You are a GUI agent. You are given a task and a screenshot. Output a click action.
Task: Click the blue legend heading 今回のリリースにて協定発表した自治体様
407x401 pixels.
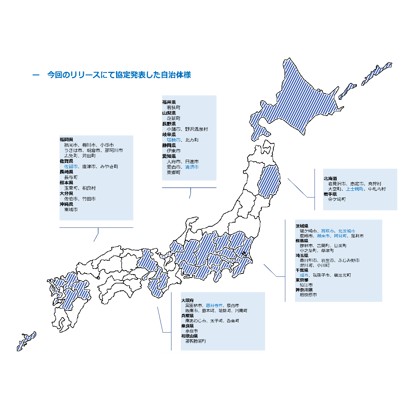[x=119, y=75]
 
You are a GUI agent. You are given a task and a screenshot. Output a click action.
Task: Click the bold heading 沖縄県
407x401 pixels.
[x=66, y=204]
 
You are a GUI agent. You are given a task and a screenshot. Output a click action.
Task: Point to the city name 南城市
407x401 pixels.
[x=71, y=210]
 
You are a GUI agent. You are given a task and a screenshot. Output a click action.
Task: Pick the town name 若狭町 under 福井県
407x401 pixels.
[x=174, y=107]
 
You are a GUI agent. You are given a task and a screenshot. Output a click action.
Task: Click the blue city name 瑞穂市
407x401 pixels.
[x=174, y=140]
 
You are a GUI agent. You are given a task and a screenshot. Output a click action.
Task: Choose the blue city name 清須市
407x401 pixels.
[x=192, y=167]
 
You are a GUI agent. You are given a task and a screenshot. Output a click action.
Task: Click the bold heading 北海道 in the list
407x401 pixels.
[x=330, y=178]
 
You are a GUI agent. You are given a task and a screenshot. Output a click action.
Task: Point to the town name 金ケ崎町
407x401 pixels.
[x=337, y=199]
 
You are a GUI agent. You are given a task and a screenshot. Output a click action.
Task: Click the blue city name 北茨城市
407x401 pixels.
[x=346, y=231]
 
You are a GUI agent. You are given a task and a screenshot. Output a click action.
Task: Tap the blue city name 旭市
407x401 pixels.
[x=304, y=275]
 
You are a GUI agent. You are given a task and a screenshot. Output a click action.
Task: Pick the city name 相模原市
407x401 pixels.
[x=308, y=295]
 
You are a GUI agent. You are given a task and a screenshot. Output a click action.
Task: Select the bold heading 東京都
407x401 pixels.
[x=302, y=280]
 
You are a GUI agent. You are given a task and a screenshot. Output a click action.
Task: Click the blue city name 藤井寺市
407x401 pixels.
[x=214, y=305]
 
